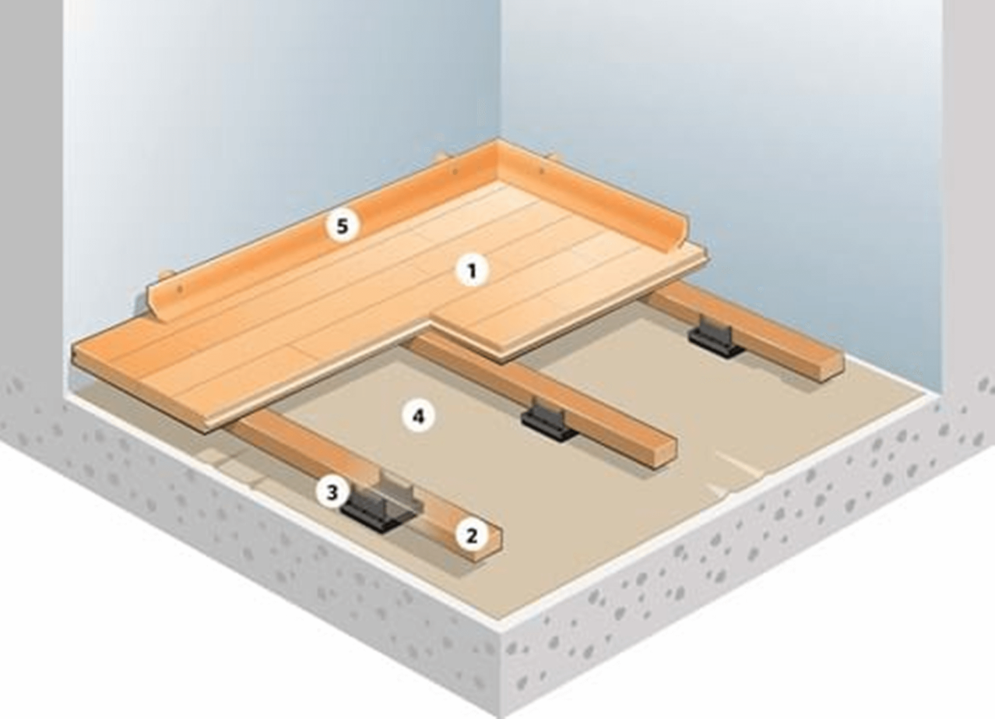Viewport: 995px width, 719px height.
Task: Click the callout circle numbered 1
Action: (x=473, y=270)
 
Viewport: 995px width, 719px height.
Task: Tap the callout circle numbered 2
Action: (x=472, y=535)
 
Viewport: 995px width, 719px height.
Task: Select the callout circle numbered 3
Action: (x=332, y=493)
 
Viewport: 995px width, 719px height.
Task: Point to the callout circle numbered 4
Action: (x=418, y=417)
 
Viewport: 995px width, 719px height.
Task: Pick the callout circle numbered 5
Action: (x=342, y=226)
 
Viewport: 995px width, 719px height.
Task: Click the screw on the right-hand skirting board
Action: (x=542, y=170)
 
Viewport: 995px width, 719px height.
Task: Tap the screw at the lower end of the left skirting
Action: (x=180, y=289)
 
